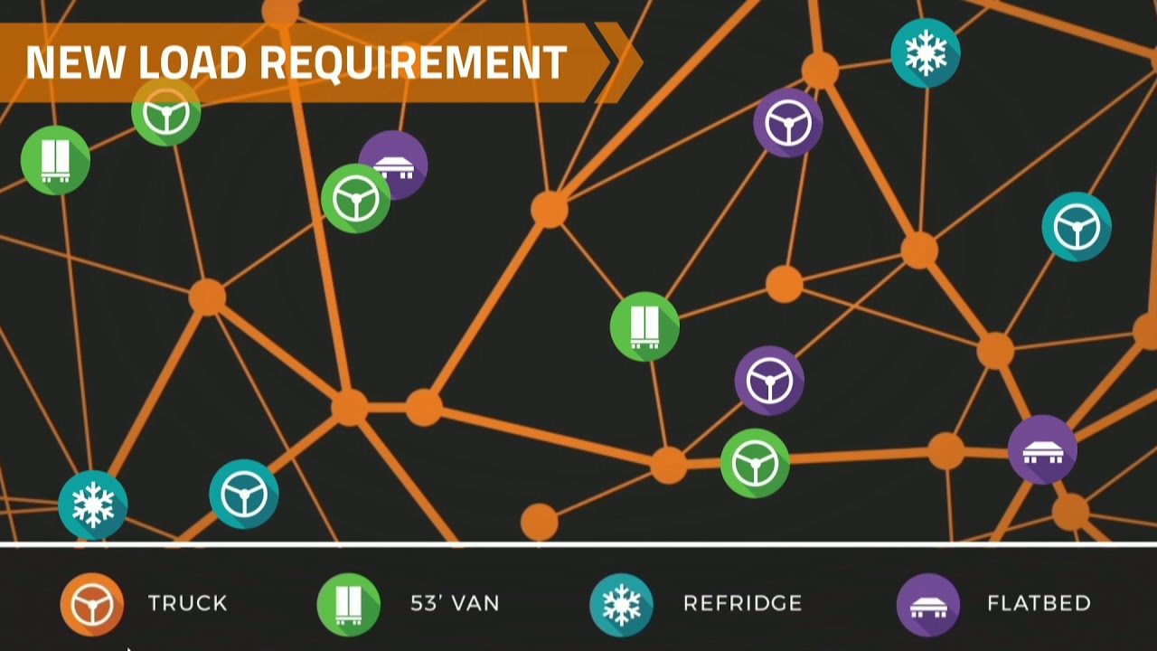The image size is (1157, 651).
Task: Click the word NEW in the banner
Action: tap(75, 62)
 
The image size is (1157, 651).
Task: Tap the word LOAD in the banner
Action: tap(193, 62)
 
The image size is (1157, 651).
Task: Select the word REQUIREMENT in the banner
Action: tap(413, 63)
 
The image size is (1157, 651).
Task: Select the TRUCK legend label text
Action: tap(187, 603)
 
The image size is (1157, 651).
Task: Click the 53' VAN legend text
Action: tap(455, 603)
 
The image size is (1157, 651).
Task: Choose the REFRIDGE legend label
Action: tap(743, 603)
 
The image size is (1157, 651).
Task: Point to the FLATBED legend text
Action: tap(1039, 603)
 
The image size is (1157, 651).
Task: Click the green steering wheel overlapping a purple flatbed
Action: tap(356, 199)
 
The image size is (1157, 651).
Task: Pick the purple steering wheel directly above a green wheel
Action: tap(769, 381)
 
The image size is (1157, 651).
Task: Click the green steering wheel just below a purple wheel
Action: tap(755, 464)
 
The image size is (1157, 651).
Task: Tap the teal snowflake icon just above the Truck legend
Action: tap(93, 505)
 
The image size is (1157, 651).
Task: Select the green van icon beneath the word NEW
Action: tap(55, 160)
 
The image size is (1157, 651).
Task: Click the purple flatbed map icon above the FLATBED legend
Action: tap(1043, 449)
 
